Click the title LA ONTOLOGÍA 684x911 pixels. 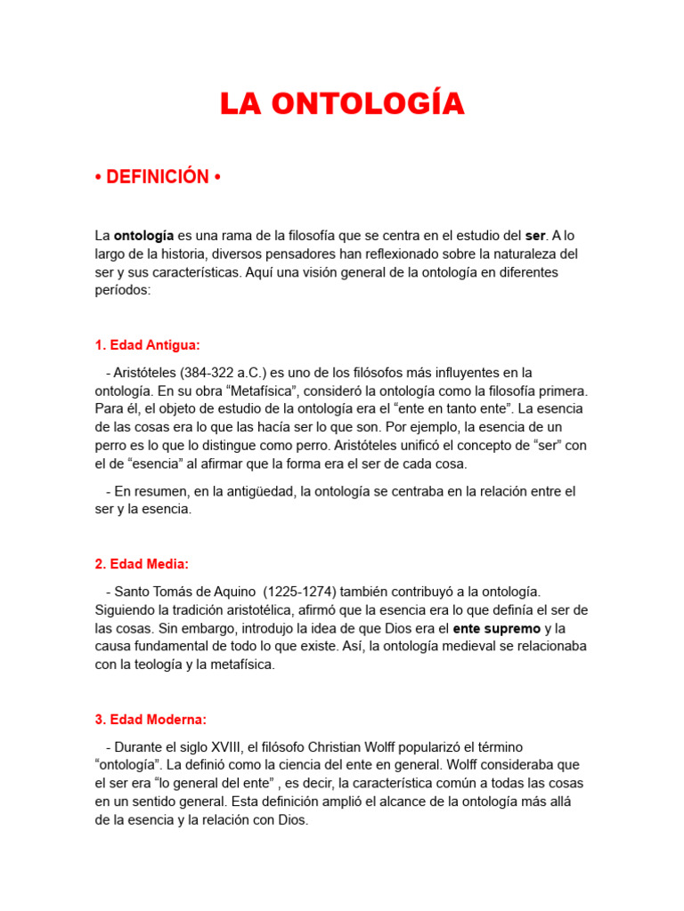click(342, 104)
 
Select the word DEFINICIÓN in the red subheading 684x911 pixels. click(158, 177)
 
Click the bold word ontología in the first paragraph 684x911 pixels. click(143, 236)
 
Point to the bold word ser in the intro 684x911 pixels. click(534, 236)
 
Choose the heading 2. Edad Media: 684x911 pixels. click(142, 564)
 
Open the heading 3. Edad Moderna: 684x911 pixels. click(151, 719)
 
